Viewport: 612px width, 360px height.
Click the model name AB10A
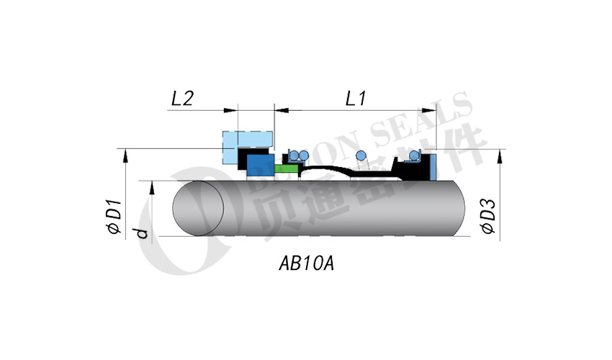[x=306, y=264]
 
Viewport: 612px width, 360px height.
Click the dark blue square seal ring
[x=258, y=166]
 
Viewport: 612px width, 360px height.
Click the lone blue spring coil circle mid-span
[x=362, y=157]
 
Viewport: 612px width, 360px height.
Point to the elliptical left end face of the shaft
[x=198, y=209]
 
